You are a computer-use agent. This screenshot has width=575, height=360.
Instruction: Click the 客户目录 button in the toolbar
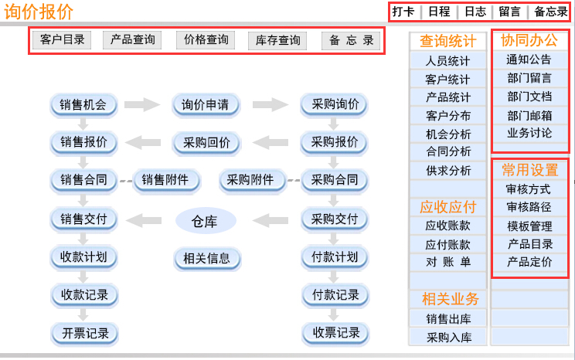62,39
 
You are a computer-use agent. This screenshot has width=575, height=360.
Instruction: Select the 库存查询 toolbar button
277,40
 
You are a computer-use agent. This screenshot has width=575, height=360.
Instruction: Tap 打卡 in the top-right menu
403,12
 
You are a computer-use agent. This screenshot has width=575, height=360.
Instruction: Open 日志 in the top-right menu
475,12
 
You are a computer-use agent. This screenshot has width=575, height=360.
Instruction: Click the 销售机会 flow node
83,105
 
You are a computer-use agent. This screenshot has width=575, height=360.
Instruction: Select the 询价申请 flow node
206,105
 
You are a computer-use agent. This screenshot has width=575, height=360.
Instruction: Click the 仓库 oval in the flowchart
205,221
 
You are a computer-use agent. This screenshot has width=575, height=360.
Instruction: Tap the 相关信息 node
207,259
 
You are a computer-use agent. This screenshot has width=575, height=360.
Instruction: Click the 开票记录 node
85,333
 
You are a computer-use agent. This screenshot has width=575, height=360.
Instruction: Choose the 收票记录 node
335,333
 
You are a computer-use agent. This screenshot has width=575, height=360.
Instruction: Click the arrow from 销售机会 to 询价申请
142,105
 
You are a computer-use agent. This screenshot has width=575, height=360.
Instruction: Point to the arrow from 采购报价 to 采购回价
270,142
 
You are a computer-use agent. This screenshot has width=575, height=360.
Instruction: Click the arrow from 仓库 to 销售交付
144,220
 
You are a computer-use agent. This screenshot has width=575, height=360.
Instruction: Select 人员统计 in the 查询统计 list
447,61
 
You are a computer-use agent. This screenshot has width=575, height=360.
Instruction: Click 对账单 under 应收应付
447,262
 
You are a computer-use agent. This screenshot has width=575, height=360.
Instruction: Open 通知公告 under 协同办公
529,59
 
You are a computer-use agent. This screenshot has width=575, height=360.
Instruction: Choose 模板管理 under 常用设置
529,226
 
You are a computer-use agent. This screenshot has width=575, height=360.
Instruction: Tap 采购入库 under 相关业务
448,337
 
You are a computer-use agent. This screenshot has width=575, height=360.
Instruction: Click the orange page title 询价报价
39,12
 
